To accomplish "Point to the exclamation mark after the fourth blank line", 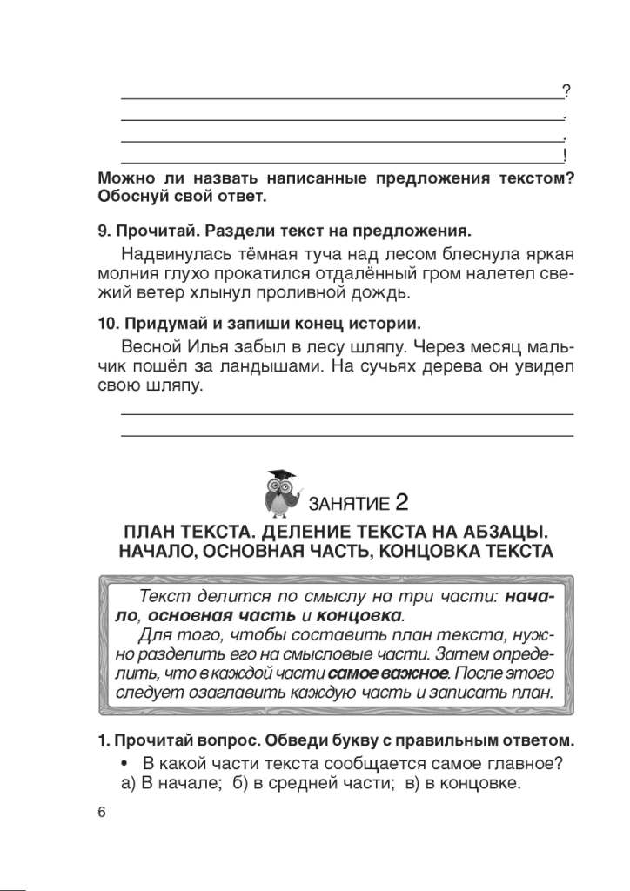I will coord(566,156).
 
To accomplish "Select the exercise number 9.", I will coord(102,231).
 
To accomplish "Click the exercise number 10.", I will coord(105,323).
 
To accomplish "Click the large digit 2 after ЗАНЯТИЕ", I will coord(401,501).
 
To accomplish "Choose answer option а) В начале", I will coord(156,783).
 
